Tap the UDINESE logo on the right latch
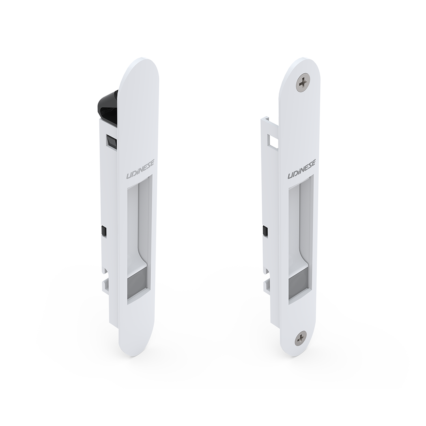[x=302, y=169]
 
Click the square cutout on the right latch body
[x=273, y=141]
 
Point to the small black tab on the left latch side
[x=103, y=231]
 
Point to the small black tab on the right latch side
[x=265, y=231]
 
